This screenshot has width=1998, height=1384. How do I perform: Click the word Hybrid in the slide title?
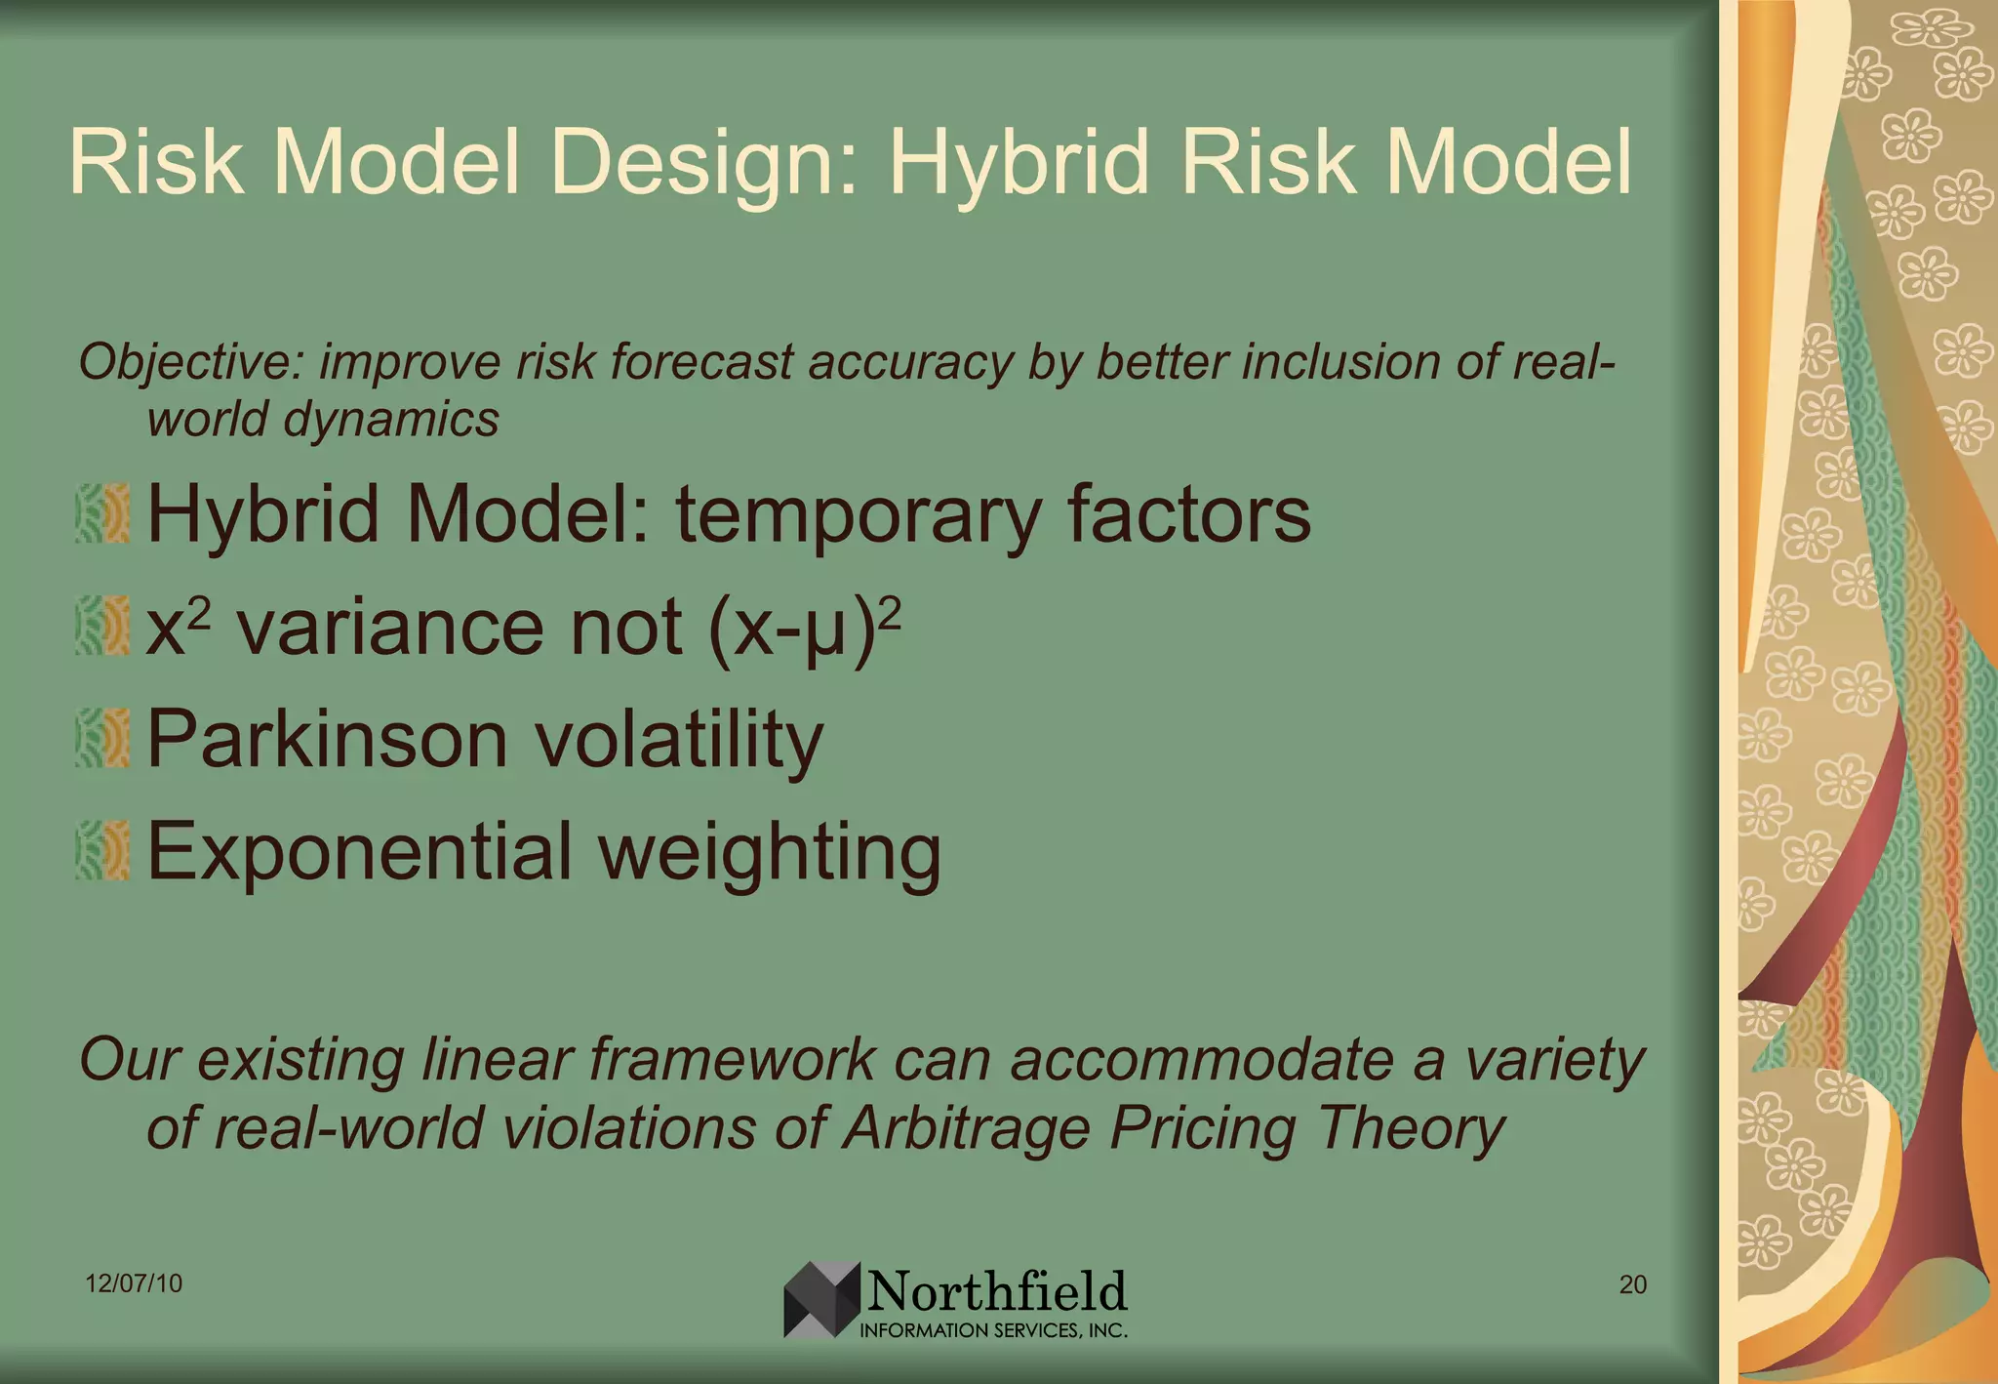pos(1019,164)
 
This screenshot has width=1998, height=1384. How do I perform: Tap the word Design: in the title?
pos(706,164)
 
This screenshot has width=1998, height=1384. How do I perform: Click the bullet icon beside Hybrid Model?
pos(102,513)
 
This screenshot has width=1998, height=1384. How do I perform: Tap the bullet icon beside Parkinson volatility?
pos(102,738)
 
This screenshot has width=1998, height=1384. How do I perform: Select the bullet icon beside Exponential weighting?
pos(102,850)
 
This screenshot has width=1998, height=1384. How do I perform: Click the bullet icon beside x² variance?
pos(102,626)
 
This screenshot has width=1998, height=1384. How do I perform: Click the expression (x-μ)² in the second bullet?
pos(804,628)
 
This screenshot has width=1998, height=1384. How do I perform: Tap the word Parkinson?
pos(327,739)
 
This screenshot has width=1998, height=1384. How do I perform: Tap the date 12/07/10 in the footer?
pos(134,1283)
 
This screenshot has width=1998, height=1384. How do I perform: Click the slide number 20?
pos(1632,1284)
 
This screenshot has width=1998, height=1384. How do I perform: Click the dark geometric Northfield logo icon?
pos(821,1300)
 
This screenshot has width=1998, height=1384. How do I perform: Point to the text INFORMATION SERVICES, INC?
pos(993,1330)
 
